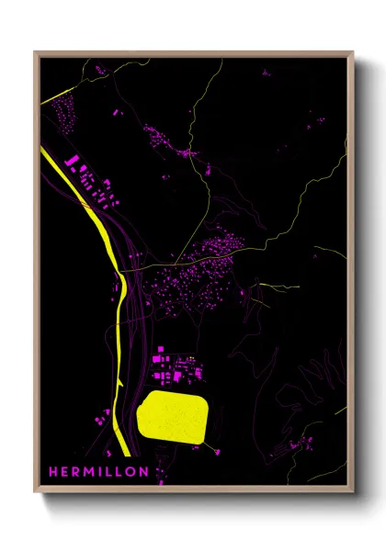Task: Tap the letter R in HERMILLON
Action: tap(74, 472)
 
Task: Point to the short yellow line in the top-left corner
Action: tap(55, 95)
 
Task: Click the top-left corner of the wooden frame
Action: tap(35, 52)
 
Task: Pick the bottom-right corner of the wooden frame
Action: tap(352, 494)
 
